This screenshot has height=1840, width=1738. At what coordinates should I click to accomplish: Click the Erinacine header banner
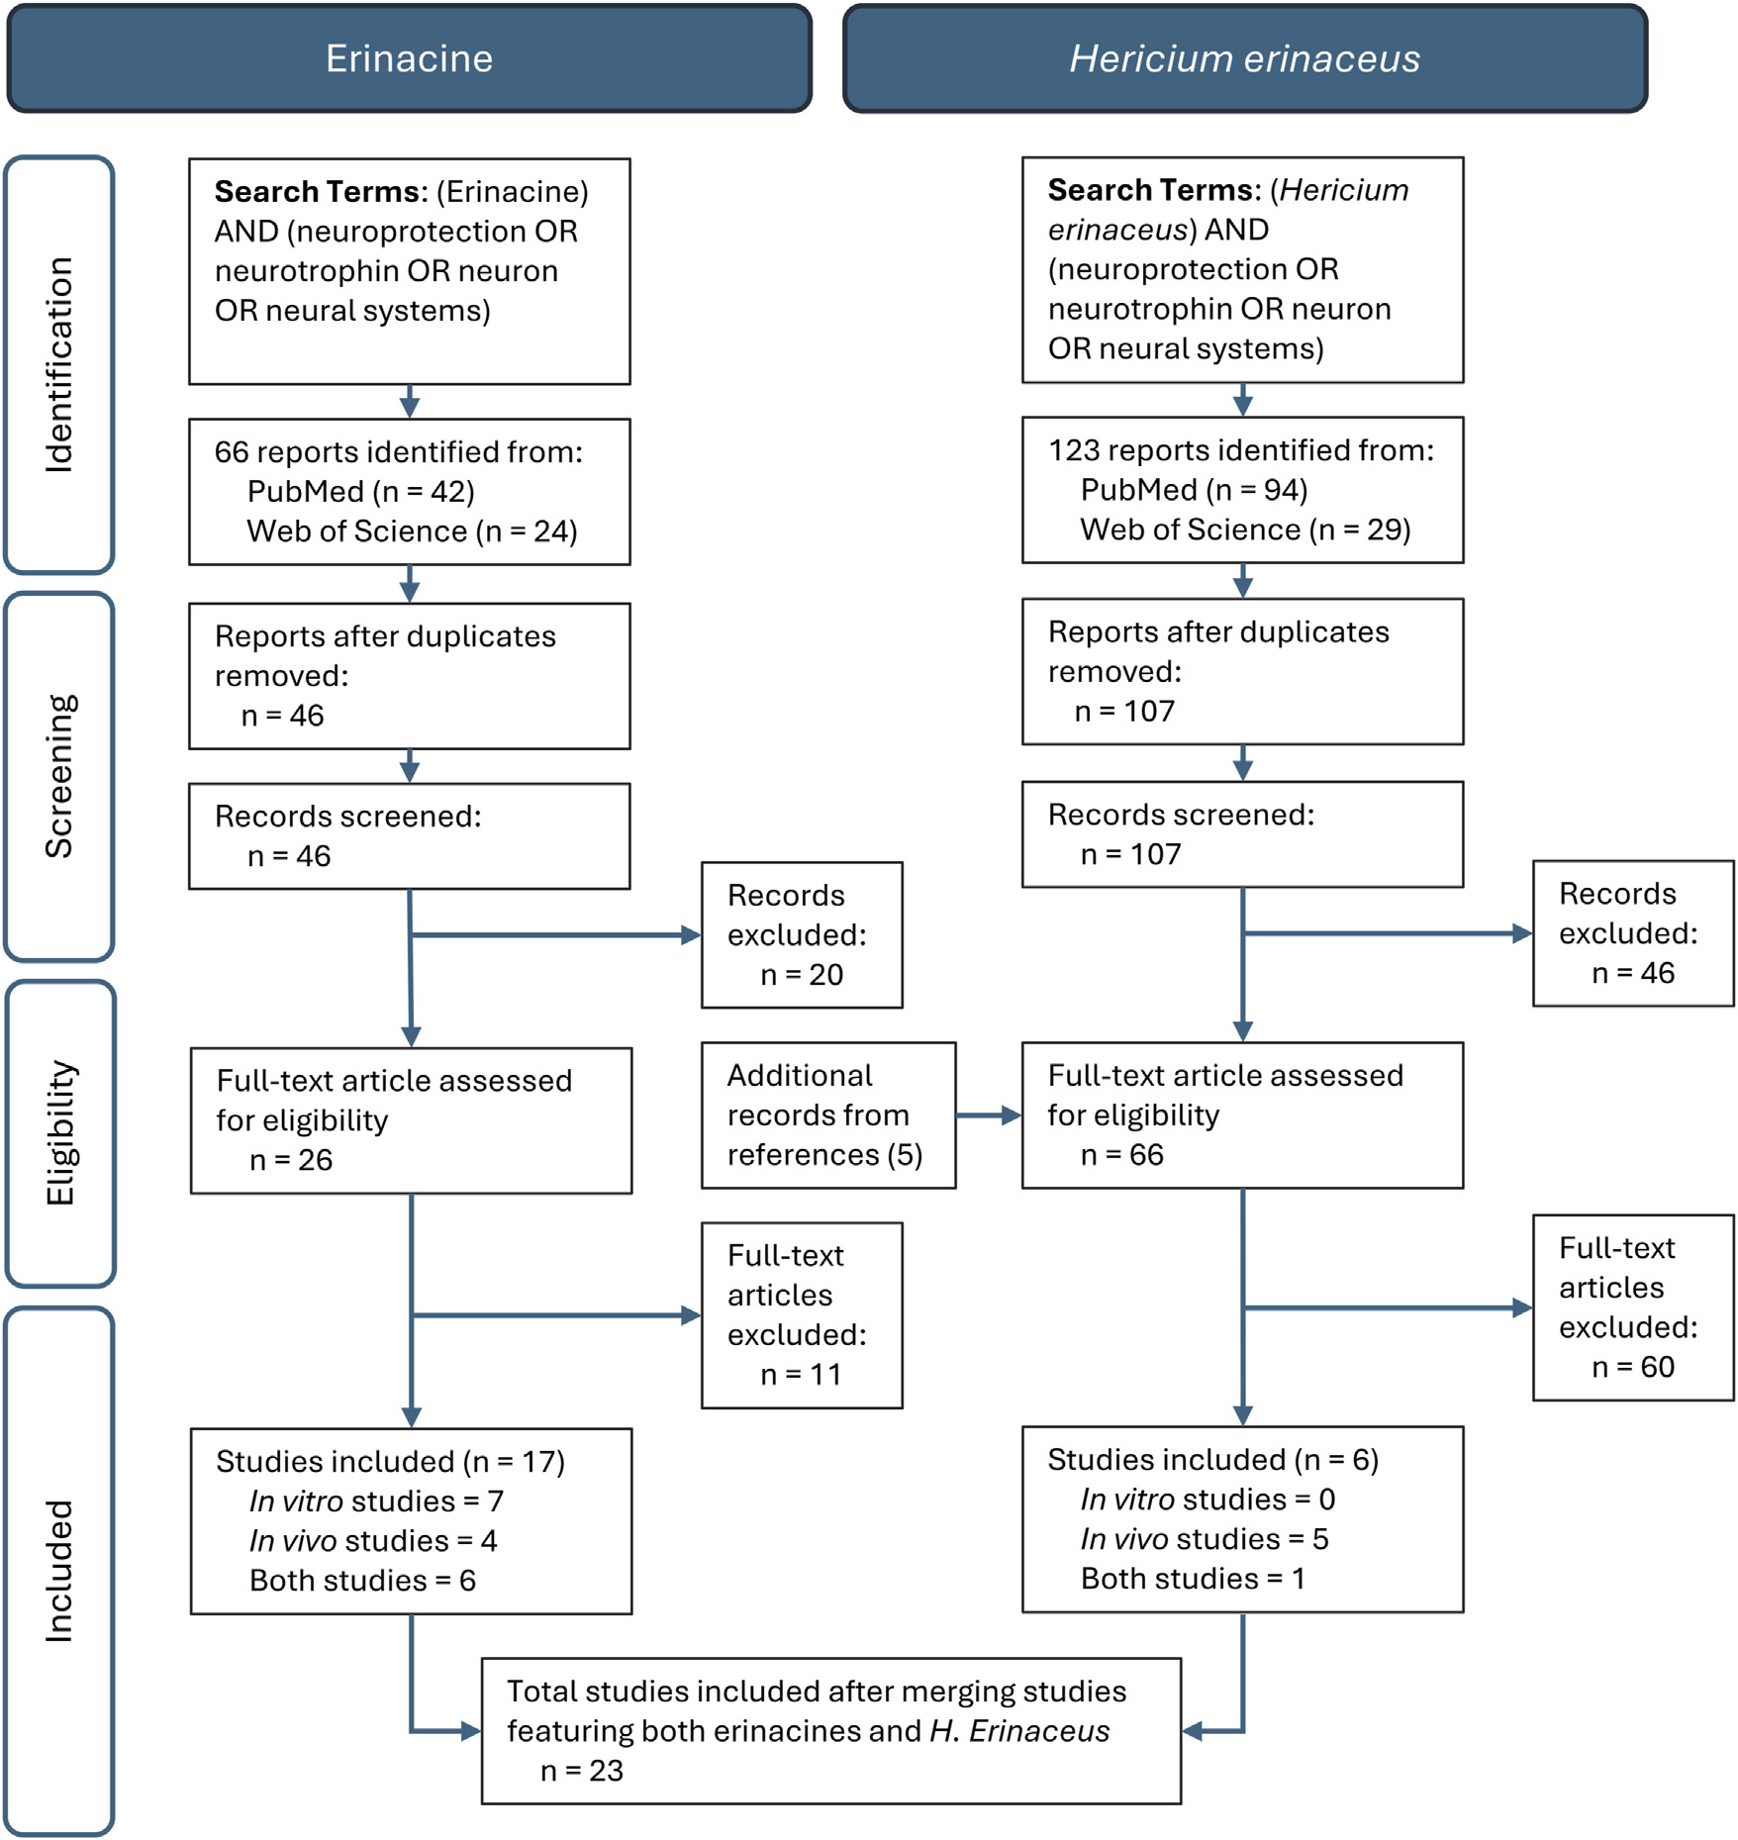click(x=410, y=58)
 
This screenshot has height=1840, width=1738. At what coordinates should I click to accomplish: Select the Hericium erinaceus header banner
click(x=1245, y=58)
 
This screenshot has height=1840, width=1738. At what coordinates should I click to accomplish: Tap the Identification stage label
click(x=59, y=364)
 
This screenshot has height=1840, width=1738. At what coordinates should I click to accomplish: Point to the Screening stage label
click(x=59, y=777)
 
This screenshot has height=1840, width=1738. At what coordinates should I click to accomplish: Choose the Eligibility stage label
click(x=60, y=1133)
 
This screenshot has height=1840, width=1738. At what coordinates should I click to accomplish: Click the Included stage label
click(x=59, y=1572)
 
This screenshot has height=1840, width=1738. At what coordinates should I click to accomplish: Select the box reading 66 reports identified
click(x=410, y=492)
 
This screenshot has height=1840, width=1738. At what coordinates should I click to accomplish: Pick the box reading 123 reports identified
click(x=1243, y=490)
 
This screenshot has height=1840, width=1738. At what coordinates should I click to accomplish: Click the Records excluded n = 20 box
click(x=802, y=934)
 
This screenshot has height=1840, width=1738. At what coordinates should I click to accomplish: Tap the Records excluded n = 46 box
click(x=1633, y=933)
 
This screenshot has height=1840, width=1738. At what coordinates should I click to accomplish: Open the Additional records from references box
click(x=828, y=1115)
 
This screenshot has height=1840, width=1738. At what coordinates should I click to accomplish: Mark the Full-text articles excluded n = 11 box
click(x=802, y=1315)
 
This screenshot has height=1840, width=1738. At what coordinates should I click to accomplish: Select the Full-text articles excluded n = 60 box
click(x=1633, y=1307)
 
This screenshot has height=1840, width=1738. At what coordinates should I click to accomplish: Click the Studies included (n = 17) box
click(x=411, y=1521)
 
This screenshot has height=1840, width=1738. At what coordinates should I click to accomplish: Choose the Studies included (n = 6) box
click(x=1243, y=1519)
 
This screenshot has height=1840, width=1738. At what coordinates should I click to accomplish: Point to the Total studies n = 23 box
click(x=831, y=1731)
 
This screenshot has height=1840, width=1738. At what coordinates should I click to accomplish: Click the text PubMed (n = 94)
click(x=1194, y=490)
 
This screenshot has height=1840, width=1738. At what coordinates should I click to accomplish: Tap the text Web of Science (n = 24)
click(x=412, y=532)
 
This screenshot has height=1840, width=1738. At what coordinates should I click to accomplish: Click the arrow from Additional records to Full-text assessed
click(x=989, y=1115)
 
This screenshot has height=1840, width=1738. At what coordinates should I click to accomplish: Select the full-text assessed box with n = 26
click(x=411, y=1120)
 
